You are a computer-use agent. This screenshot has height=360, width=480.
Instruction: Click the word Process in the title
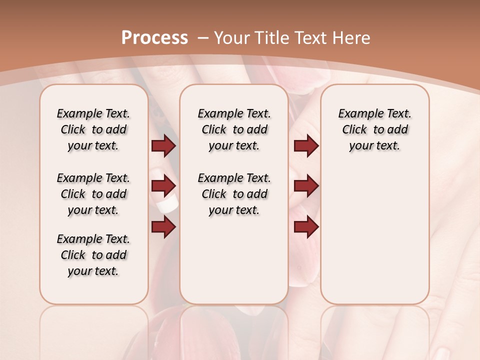(x=154, y=37)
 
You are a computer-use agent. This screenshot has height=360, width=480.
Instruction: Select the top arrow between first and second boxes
(x=163, y=145)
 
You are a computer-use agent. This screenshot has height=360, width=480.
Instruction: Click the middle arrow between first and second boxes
(x=163, y=186)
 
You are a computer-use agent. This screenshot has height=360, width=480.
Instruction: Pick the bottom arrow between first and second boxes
(x=163, y=227)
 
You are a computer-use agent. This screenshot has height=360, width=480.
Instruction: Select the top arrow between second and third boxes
(x=306, y=145)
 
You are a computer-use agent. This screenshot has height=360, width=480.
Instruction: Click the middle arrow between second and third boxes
(x=306, y=186)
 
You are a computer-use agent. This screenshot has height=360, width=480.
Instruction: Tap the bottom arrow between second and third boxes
(x=306, y=227)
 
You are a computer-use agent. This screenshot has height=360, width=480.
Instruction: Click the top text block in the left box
(x=93, y=129)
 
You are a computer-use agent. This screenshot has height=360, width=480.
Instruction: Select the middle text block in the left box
(x=93, y=194)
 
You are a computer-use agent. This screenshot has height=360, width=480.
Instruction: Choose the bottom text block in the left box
(x=93, y=255)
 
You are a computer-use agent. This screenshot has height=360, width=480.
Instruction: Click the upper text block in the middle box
(x=234, y=129)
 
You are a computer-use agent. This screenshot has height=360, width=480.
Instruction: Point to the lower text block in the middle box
(x=234, y=194)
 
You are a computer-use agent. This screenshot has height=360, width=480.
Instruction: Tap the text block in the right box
(x=374, y=129)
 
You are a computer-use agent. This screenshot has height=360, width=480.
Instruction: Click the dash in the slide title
(x=202, y=38)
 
